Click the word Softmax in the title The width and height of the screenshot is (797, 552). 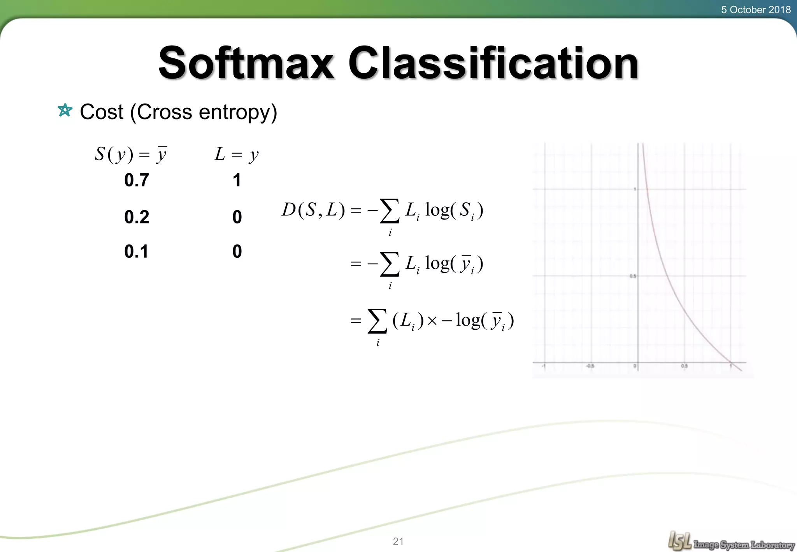click(x=246, y=63)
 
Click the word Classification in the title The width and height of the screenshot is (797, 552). click(x=493, y=63)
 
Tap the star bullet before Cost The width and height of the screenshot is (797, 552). click(x=65, y=111)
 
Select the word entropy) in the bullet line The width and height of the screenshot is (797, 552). click(x=238, y=113)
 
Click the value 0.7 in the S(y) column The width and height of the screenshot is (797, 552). click(x=137, y=180)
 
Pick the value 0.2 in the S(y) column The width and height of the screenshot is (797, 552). click(x=137, y=217)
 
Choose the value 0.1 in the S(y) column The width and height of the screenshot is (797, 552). click(x=137, y=251)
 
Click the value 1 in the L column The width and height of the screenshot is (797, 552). click(x=237, y=180)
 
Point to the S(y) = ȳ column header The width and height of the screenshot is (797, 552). click(x=131, y=155)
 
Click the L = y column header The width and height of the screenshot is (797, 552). click(x=237, y=155)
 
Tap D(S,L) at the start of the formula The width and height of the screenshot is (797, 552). click(x=313, y=210)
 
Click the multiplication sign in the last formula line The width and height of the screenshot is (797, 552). click(x=432, y=321)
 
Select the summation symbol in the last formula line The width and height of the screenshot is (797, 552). click(x=377, y=322)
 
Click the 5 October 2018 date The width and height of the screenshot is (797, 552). click(x=756, y=10)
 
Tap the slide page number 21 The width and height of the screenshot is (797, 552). click(x=398, y=541)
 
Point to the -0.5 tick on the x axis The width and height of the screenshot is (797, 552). click(x=590, y=366)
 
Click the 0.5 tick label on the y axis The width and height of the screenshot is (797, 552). click(x=633, y=276)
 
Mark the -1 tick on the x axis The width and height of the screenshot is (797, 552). click(x=544, y=366)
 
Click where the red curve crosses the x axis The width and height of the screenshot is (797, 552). click(x=731, y=363)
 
